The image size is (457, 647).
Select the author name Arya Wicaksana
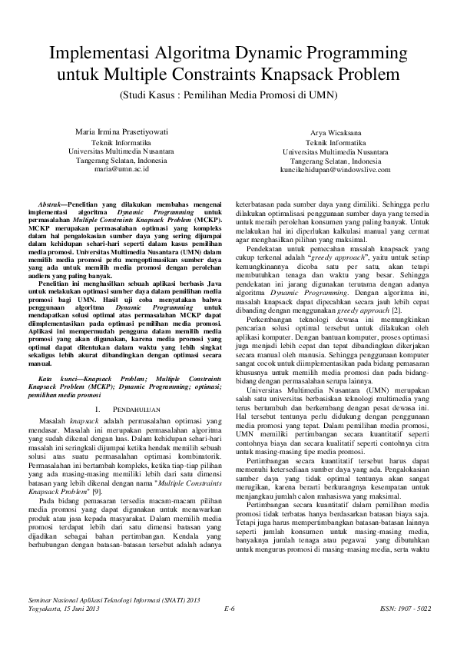point(335,133)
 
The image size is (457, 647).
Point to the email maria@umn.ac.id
point(121,169)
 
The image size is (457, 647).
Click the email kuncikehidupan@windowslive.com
point(335,170)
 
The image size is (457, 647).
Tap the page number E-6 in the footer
point(229,609)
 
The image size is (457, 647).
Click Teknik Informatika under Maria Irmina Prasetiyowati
point(121,143)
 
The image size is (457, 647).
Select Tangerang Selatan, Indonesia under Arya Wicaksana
point(335,161)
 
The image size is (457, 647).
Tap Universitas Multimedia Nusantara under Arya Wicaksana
point(335,152)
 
